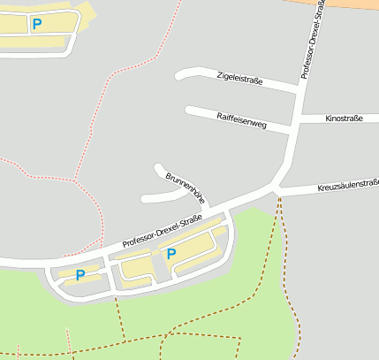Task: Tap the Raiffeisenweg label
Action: tap(241, 119)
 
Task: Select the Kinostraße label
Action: tap(344, 118)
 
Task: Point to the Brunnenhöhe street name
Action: tap(184, 188)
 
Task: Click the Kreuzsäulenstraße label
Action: tap(347, 187)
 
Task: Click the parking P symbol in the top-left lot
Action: tap(36, 24)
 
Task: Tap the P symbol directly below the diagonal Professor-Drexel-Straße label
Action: tap(171, 254)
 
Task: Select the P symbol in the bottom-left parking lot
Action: tap(80, 274)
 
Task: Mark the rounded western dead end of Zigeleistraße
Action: tap(179, 76)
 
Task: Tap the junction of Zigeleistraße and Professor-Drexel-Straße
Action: tap(298, 90)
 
